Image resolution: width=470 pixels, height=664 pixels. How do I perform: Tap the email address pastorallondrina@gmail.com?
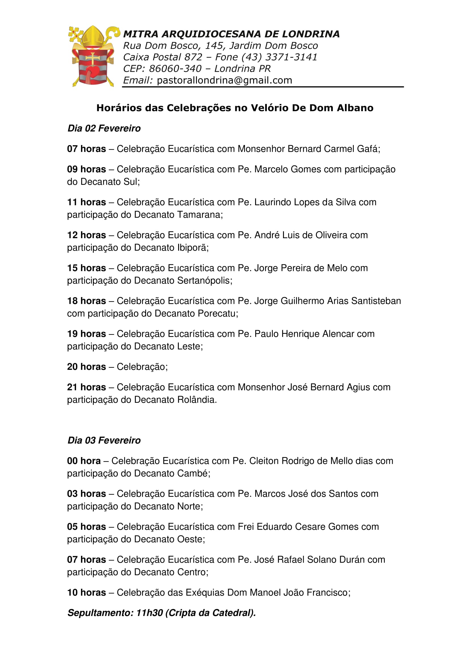click(224, 80)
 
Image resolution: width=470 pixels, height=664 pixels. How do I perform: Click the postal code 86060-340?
click(175, 69)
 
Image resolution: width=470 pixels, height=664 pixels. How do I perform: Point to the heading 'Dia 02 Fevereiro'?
click(104, 128)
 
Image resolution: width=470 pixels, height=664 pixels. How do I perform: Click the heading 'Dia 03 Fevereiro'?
click(104, 440)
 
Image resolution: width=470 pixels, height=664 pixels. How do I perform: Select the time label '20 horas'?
click(87, 367)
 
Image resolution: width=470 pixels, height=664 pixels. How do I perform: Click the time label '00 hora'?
click(84, 461)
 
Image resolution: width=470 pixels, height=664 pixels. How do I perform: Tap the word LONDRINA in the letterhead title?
click(311, 34)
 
